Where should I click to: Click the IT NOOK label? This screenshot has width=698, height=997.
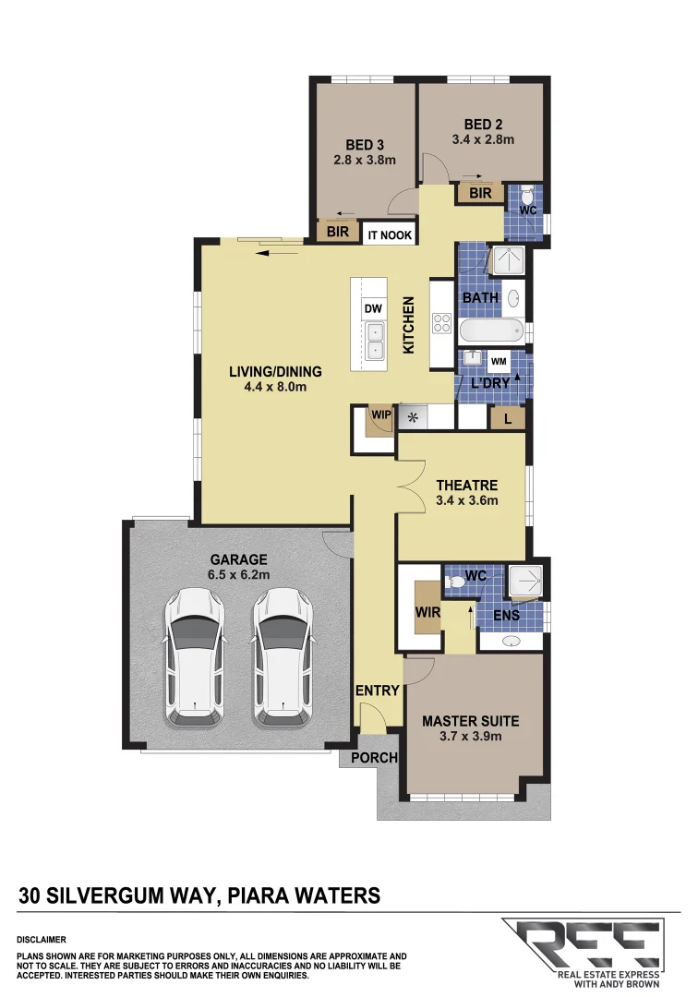point(391,235)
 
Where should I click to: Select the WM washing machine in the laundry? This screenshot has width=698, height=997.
point(499,360)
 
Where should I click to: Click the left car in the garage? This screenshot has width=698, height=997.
point(194,656)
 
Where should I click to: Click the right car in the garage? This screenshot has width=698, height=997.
point(283,656)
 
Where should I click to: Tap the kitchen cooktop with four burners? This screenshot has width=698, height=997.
point(441,325)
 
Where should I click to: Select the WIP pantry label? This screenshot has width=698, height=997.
point(381,415)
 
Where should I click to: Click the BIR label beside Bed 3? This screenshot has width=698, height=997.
point(338,233)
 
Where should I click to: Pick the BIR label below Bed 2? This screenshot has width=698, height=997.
point(480,193)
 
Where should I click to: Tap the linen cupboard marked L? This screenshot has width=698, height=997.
point(508,419)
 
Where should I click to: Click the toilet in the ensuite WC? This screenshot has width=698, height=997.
point(455,583)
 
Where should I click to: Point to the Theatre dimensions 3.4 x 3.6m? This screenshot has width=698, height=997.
point(467,501)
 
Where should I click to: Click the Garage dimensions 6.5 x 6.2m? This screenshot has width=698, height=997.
point(238,574)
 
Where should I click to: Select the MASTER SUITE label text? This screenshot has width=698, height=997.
point(470,721)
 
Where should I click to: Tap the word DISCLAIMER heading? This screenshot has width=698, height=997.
point(41,938)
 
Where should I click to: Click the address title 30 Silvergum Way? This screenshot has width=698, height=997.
point(199,895)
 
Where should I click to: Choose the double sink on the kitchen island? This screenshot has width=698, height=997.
point(375,340)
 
